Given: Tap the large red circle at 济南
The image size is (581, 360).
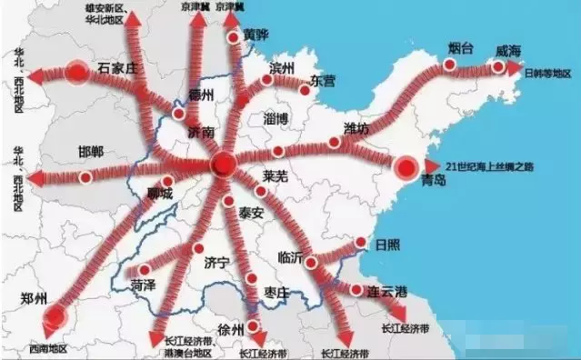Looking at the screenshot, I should tap(223, 164).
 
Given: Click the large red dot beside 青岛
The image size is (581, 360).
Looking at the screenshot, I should tap(406, 165).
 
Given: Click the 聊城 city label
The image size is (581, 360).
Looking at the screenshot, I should tap(161, 194).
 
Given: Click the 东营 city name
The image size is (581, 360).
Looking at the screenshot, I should tap(320, 81).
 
